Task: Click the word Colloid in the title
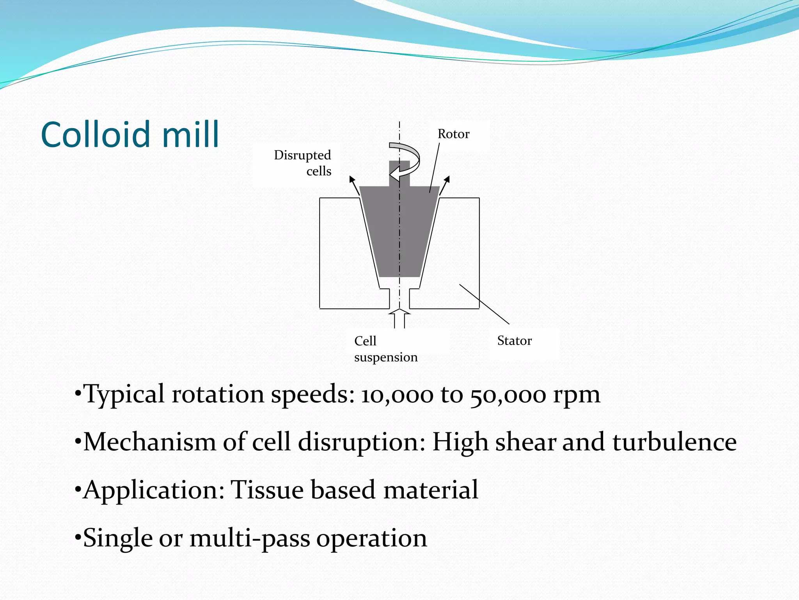click(x=95, y=134)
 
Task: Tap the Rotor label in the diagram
click(x=453, y=134)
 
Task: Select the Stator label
click(x=514, y=341)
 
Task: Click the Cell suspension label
click(x=385, y=349)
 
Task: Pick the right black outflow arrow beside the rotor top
click(x=445, y=185)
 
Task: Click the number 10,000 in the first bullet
click(x=397, y=395)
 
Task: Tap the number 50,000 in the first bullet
click(x=508, y=395)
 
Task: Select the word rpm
click(x=576, y=395)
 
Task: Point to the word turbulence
click(x=674, y=442)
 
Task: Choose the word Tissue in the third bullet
click(x=267, y=490)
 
